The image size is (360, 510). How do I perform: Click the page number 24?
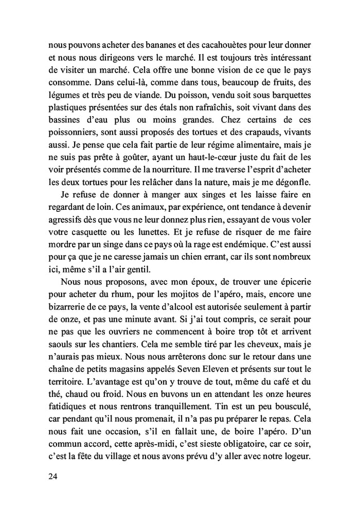[51, 477]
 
